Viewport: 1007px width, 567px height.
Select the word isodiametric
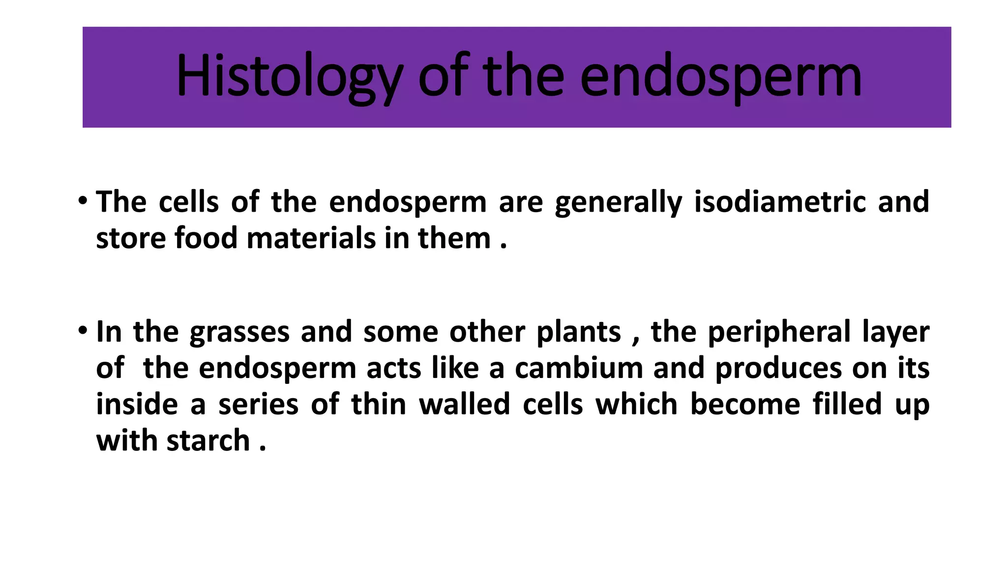coord(779,202)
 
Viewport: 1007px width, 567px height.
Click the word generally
coord(618,202)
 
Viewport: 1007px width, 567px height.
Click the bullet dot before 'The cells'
coord(83,201)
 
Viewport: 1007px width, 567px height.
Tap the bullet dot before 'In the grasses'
coord(83,330)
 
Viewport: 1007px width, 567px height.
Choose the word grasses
coord(239,333)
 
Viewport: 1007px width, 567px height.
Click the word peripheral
coord(779,333)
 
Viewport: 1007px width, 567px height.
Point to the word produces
coord(778,369)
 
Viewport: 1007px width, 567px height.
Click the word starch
coord(208,441)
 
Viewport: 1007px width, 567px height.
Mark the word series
coord(258,405)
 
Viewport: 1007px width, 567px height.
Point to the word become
coord(745,405)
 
